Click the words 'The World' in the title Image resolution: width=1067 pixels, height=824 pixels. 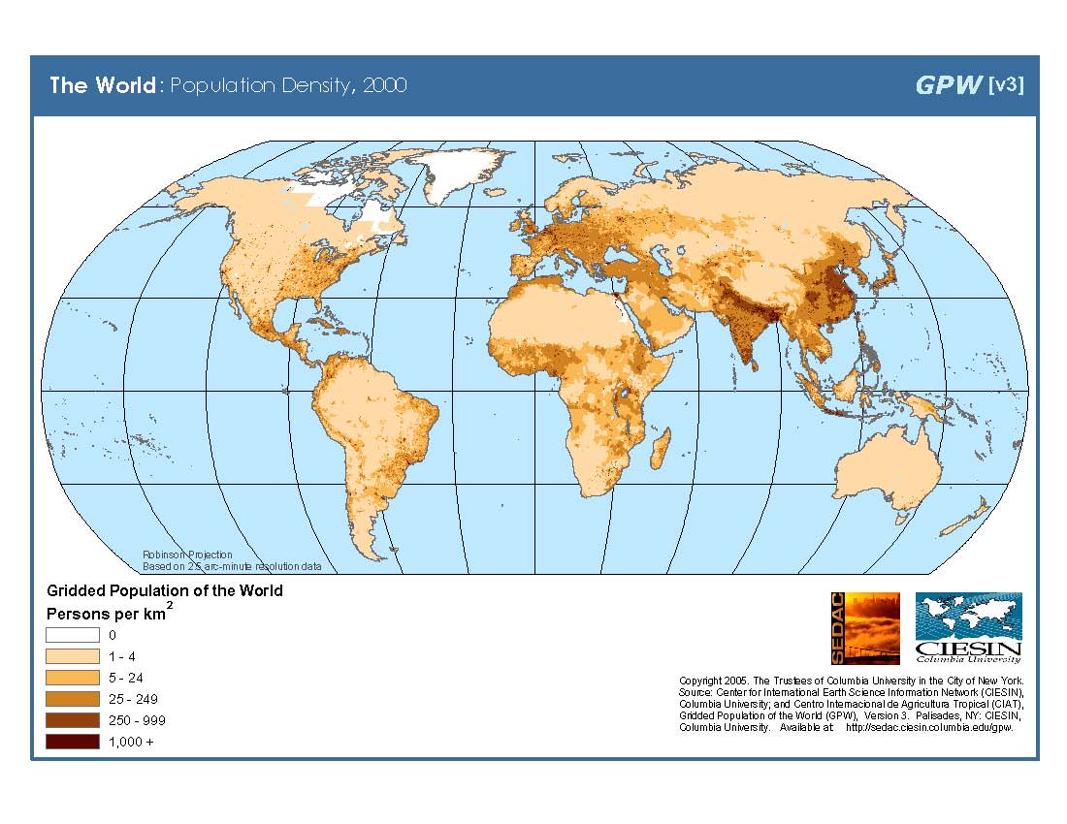click(x=102, y=85)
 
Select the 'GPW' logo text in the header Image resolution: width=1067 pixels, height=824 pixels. click(x=948, y=85)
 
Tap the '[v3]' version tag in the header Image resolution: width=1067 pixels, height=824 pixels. click(x=1005, y=85)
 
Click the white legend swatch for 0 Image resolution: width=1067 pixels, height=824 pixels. click(x=73, y=635)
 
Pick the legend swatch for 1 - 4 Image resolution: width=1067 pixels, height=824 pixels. click(x=73, y=656)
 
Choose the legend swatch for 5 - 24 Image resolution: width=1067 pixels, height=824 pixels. click(x=73, y=678)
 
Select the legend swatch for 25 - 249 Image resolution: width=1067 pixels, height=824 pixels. click(x=73, y=699)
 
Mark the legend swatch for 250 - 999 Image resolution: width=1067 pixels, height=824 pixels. click(x=73, y=720)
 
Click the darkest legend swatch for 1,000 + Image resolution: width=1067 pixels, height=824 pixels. click(x=73, y=742)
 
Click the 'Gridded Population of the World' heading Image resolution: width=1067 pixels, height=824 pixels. click(x=165, y=590)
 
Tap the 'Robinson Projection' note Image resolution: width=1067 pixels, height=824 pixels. click(x=187, y=555)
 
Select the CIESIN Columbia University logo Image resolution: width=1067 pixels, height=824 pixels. click(x=968, y=627)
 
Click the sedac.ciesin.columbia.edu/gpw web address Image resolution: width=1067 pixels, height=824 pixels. click(x=929, y=727)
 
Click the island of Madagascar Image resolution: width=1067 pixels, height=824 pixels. click(x=660, y=448)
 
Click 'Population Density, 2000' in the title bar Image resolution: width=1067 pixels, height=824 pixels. click(x=288, y=85)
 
